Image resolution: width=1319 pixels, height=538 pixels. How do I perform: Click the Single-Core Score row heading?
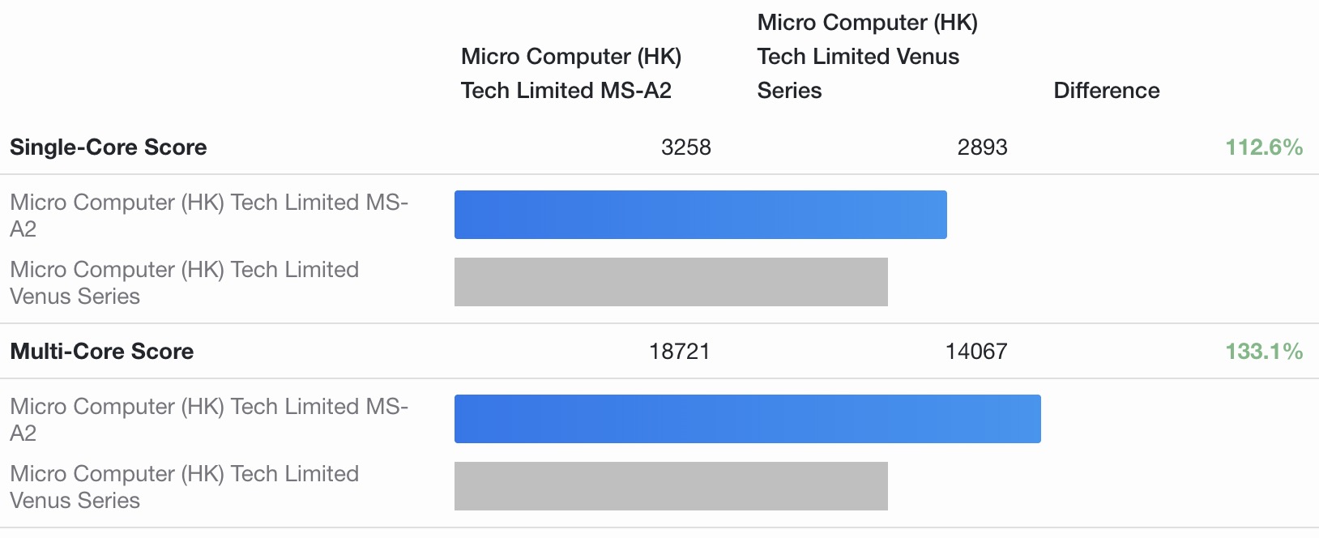coord(109,147)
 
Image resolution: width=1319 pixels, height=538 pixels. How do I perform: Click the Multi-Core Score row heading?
coord(102,352)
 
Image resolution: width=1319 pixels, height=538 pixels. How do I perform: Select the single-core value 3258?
coord(685,147)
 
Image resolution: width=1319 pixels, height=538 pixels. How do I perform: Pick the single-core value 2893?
coord(982,147)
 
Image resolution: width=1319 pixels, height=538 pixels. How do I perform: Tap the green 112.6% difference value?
coord(1263,147)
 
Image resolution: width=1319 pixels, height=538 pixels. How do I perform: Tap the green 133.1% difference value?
coord(1263,352)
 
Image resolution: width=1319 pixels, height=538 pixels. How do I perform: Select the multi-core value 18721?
coord(679,352)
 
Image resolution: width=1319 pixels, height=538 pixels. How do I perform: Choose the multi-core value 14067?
coord(975,352)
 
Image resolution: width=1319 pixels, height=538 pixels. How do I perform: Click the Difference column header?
coord(1106,91)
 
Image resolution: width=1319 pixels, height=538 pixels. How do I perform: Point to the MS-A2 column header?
coord(570,74)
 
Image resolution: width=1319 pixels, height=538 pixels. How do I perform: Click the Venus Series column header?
coord(867,57)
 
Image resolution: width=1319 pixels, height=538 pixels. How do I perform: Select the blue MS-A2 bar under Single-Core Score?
coord(700,215)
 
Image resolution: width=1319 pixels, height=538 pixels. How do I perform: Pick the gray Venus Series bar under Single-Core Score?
coord(671,282)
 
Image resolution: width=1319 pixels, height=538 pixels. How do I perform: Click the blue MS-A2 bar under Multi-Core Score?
coord(747,419)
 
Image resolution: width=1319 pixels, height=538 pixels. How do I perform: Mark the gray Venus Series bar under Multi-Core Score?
coord(671,486)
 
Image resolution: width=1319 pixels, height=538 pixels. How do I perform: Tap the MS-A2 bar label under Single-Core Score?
coord(209,215)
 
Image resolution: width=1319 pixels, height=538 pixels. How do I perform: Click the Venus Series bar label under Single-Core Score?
coord(184,282)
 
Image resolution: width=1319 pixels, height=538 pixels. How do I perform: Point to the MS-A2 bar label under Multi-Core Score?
coord(209,419)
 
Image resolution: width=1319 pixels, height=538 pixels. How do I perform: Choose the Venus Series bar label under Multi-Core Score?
coord(184,486)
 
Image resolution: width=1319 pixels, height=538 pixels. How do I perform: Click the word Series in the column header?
coord(789,91)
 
